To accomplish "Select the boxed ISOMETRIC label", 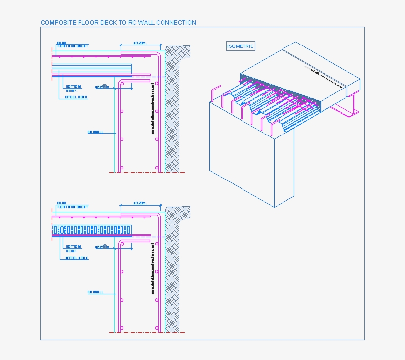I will click(241, 46).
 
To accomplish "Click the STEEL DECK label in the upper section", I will click(77, 97).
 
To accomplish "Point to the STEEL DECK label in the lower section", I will click(77, 258).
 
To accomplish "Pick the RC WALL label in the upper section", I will click(95, 132).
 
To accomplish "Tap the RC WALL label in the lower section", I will click(95, 292).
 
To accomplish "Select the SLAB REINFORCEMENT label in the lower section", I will click(72, 205).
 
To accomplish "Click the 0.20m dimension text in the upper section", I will click(140, 43).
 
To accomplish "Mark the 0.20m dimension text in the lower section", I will click(140, 203).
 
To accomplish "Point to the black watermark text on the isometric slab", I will click(324, 76).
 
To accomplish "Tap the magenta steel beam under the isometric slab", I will click(349, 110).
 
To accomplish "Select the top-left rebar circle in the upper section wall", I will click(122, 85).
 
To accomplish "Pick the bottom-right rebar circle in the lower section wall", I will click(157, 329).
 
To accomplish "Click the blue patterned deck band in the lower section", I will click(92, 230).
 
